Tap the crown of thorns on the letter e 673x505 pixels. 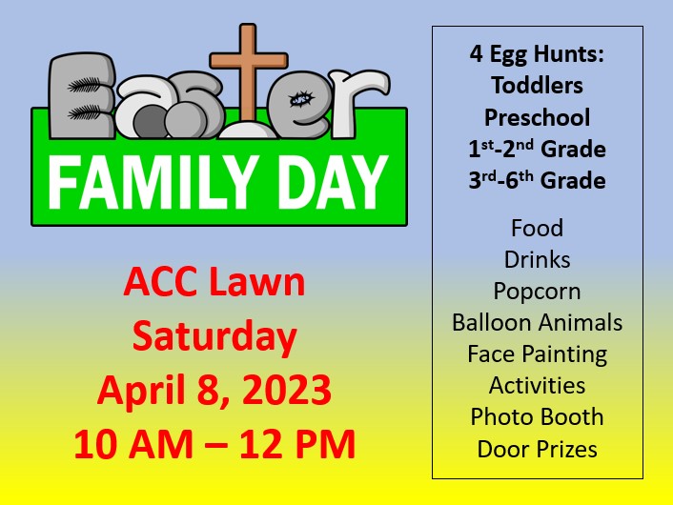[301, 100]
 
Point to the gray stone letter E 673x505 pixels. [82, 95]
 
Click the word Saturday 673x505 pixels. [214, 336]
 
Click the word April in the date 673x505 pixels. [144, 391]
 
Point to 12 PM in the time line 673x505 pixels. [297, 444]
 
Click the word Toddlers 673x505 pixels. [537, 85]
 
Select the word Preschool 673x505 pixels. [537, 117]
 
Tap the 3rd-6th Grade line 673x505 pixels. [537, 180]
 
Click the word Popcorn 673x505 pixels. [537, 292]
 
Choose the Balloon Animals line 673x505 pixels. [537, 322]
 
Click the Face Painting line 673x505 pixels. [537, 354]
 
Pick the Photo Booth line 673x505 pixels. [537, 416]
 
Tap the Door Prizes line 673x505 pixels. [537, 449]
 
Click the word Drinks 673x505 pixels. [537, 259]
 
